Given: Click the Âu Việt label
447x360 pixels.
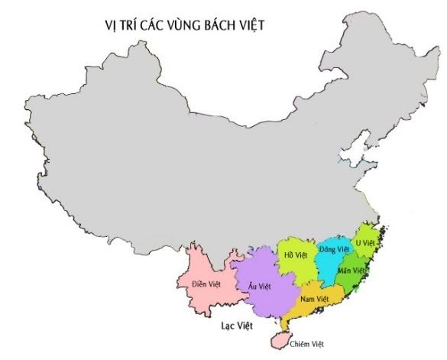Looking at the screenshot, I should click(260, 286).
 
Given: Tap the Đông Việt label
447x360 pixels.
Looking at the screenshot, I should click(334, 249).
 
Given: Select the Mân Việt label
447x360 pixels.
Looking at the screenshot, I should click(359, 271).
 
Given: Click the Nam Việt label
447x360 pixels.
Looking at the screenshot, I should click(315, 298).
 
